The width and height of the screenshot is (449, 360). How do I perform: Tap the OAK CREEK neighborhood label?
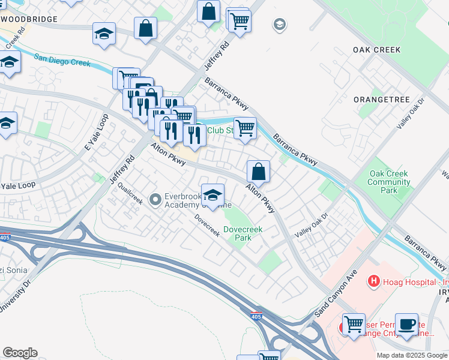click(x=376, y=50)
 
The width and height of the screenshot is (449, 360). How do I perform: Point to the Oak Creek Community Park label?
click(x=389, y=182)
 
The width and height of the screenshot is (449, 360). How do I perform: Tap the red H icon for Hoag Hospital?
click(x=374, y=280)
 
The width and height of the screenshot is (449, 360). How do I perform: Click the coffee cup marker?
click(x=408, y=323)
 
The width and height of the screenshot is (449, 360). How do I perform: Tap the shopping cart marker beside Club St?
click(x=245, y=128)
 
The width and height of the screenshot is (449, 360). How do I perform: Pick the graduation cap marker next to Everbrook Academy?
click(x=212, y=194)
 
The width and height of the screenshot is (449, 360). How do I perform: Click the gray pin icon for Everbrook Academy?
click(x=155, y=198)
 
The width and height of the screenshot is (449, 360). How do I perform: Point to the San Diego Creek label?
click(x=62, y=60)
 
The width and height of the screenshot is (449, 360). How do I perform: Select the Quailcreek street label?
click(x=130, y=193)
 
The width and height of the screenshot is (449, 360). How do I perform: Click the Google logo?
click(x=20, y=353)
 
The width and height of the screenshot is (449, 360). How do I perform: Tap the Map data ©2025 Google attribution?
click(x=411, y=355)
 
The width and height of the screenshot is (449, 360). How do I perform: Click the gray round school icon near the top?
click(x=279, y=25)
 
